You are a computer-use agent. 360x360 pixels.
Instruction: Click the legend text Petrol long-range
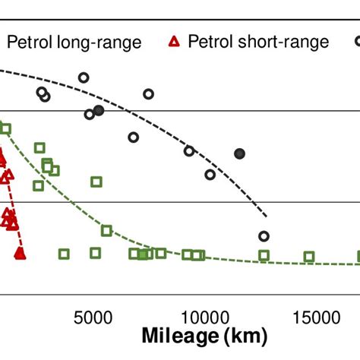click(74, 42)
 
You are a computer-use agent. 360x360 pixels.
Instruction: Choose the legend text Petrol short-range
click(258, 42)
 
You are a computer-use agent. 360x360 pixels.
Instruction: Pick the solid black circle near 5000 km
click(99, 110)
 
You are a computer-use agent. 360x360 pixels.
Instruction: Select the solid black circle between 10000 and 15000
click(240, 153)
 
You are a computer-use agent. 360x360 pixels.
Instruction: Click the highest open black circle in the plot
click(84, 77)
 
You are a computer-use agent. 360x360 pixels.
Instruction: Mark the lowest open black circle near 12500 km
click(264, 236)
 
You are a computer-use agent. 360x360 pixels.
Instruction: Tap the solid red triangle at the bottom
click(21, 253)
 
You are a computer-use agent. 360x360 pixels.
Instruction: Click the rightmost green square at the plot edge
click(357, 256)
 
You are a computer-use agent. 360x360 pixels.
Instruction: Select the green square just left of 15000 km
click(309, 257)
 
